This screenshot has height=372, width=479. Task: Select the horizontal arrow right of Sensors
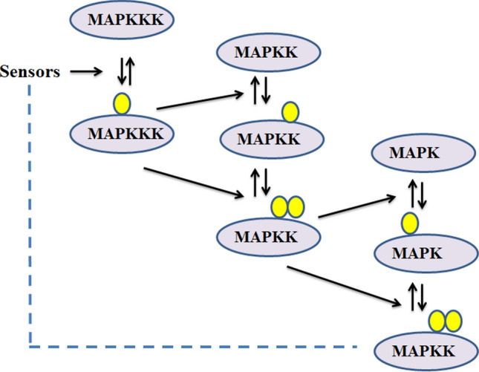click(85, 72)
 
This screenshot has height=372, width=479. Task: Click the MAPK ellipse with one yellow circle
click(415, 252)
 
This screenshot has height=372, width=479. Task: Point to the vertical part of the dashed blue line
click(30, 215)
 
